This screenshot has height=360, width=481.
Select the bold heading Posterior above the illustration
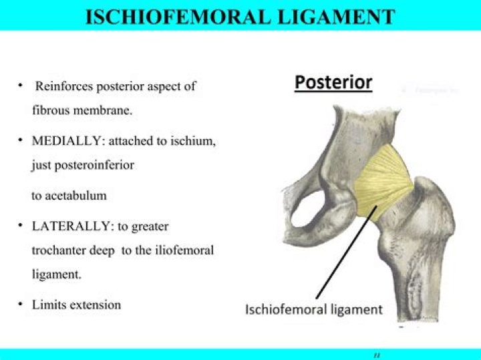tap(333, 83)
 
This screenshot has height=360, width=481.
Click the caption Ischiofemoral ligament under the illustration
tap(314, 309)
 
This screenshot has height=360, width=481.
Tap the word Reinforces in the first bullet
tap(64, 87)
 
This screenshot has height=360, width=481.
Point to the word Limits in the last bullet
tap(47, 305)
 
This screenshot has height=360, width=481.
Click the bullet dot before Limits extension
tap(21, 305)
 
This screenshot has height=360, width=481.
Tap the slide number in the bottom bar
tap(376, 354)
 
